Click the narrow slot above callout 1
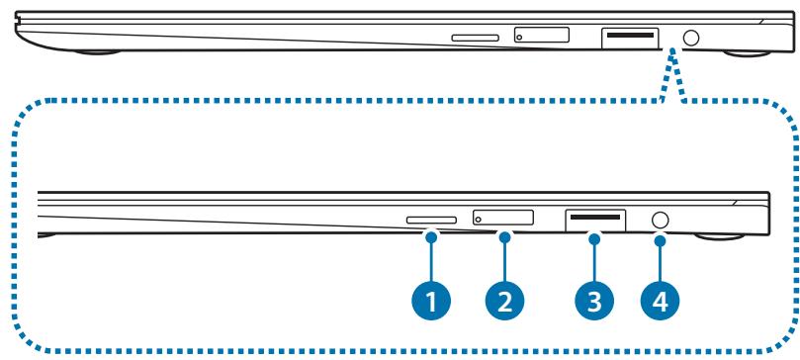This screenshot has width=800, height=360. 432,222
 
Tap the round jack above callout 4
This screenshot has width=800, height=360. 660,220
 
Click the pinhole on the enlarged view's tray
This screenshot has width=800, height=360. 482,220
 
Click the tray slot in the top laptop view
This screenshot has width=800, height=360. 543,36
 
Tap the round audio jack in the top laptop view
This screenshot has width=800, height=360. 692,37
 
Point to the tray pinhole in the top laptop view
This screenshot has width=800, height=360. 522,37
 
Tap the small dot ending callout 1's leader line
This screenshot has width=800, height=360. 431,235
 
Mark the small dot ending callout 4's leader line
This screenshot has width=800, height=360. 660,235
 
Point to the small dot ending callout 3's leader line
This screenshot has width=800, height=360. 595,235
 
